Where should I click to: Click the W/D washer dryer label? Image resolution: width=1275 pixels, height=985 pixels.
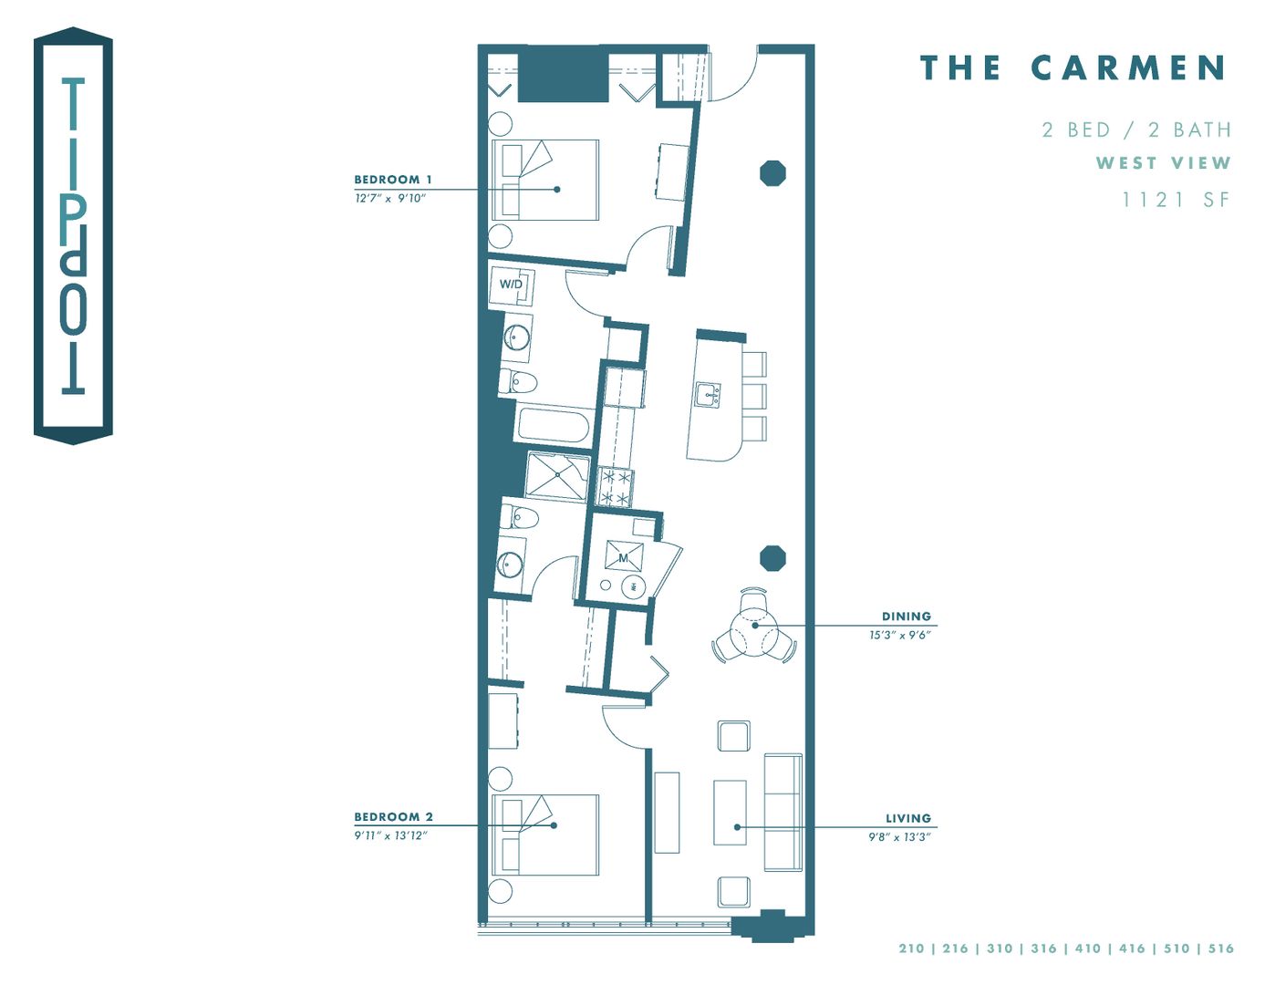pyautogui.click(x=511, y=285)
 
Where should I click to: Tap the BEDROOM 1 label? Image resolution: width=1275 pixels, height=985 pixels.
pyautogui.click(x=393, y=180)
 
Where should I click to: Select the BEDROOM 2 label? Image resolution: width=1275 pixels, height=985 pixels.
pyautogui.click(x=393, y=817)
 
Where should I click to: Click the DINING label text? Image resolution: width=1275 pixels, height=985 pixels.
pyautogui.click(x=906, y=617)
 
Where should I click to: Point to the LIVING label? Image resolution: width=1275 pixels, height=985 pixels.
pyautogui.click(x=907, y=819)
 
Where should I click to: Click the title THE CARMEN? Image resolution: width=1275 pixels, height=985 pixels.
pyautogui.click(x=1073, y=68)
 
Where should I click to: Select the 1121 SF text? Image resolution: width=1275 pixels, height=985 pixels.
pyautogui.click(x=1176, y=200)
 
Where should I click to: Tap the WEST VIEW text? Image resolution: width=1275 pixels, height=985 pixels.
pyautogui.click(x=1163, y=163)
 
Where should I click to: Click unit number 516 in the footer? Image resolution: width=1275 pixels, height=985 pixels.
pyautogui.click(x=1221, y=949)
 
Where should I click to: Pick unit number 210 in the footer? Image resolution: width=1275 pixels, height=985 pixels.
pyautogui.click(x=911, y=949)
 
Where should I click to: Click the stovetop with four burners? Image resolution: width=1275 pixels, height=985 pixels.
pyautogui.click(x=614, y=487)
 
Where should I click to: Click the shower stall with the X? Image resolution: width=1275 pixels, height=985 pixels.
pyautogui.click(x=557, y=476)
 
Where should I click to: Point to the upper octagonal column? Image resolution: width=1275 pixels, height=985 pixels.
pyautogui.click(x=772, y=173)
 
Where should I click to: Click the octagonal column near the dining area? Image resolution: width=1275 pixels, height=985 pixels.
pyautogui.click(x=772, y=558)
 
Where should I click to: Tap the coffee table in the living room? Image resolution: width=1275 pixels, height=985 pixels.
pyautogui.click(x=730, y=813)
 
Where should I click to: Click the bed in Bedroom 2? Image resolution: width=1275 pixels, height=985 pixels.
pyautogui.click(x=545, y=835)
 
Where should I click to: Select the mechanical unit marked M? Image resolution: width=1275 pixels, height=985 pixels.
pyautogui.click(x=624, y=556)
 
